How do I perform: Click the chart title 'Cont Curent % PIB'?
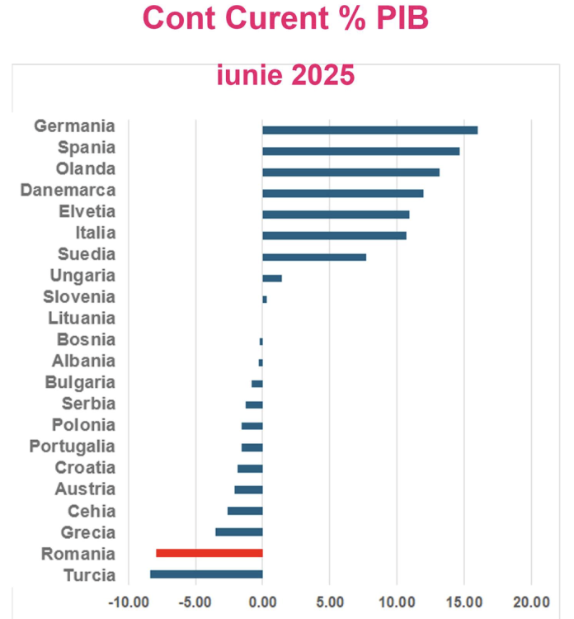[x=285, y=18]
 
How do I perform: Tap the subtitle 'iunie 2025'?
[x=285, y=76]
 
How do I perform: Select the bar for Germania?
[x=369, y=130]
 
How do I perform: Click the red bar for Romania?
[x=209, y=553]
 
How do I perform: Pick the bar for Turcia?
[x=206, y=574]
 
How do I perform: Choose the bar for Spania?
[x=360, y=151]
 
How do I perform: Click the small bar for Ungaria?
[x=272, y=278]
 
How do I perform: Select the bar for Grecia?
[x=239, y=532]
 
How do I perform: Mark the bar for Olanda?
[x=351, y=172]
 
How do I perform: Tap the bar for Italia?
[x=334, y=236]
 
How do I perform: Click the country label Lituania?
[x=82, y=318]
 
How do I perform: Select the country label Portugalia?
[x=73, y=447]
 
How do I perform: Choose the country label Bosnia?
[x=86, y=339]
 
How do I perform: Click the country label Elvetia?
[x=87, y=211]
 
